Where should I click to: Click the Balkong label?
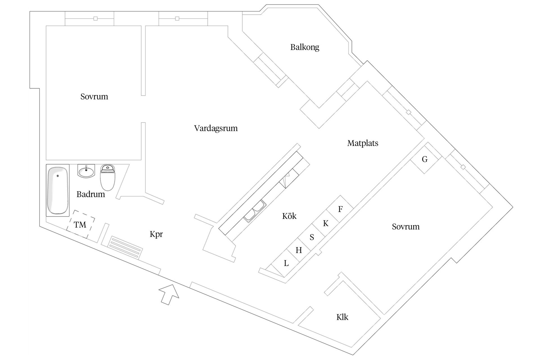(x=305, y=47)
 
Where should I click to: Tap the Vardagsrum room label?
(x=216, y=128)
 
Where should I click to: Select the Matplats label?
(x=363, y=143)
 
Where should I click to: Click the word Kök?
(x=289, y=216)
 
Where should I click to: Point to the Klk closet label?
(x=342, y=317)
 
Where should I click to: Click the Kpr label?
(x=156, y=234)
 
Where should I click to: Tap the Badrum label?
(x=91, y=194)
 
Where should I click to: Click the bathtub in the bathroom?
(x=58, y=190)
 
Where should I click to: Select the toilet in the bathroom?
(x=108, y=177)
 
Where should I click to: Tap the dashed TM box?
(x=80, y=224)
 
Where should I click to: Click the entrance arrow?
(x=169, y=294)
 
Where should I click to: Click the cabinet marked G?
(x=424, y=159)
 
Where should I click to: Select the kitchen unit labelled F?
(x=340, y=209)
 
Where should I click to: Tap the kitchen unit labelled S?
(x=312, y=237)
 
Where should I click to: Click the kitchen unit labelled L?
(x=286, y=263)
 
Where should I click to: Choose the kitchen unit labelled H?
(x=299, y=250)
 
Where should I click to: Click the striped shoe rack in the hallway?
(x=125, y=247)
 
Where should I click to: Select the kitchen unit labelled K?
(x=326, y=223)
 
